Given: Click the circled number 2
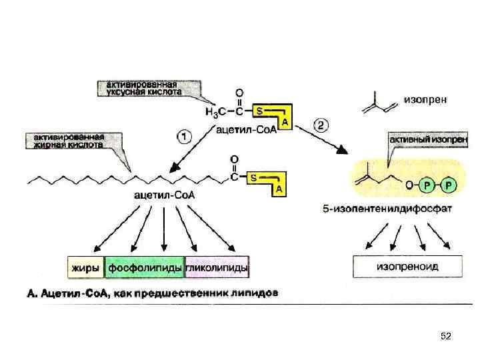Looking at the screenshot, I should point(321,125).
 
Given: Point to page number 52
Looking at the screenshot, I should point(445,337).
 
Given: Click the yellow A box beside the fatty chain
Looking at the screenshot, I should point(280,189).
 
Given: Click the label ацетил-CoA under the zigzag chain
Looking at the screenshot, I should point(159,195).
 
